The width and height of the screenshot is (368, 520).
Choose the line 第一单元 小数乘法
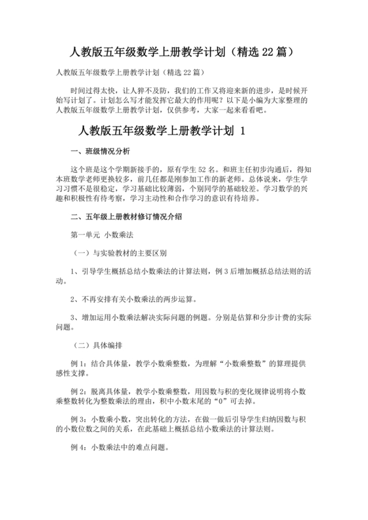click(103, 234)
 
